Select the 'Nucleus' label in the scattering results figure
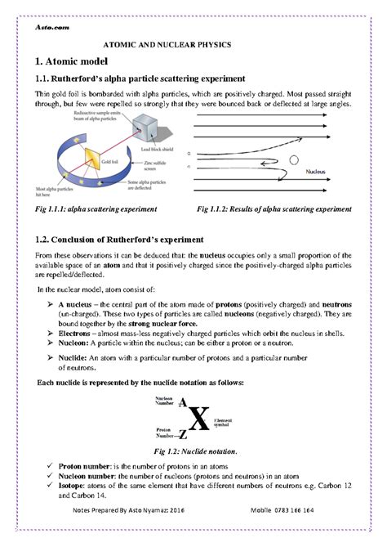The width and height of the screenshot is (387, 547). pos(317,173)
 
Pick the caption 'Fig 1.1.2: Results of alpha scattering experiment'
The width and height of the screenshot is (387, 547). pos(274,209)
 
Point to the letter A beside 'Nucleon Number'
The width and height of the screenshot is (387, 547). pos(181,403)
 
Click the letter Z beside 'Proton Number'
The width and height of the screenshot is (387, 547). pos(181,434)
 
